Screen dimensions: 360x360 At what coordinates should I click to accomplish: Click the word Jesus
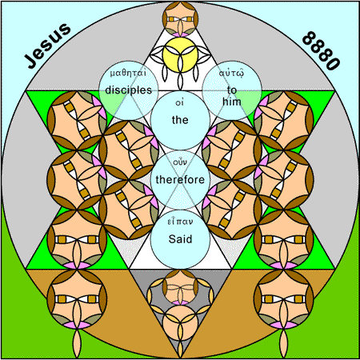(47, 46)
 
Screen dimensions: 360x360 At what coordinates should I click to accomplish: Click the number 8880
(321, 50)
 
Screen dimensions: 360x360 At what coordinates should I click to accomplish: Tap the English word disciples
(128, 90)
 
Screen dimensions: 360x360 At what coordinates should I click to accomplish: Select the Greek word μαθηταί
(128, 73)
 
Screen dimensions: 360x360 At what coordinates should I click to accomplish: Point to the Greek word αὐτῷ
(231, 73)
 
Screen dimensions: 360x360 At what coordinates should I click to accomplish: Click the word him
(232, 102)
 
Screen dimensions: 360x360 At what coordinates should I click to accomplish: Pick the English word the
(180, 120)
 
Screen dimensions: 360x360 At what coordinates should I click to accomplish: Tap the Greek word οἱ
(180, 102)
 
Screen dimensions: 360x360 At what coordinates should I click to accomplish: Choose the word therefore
(180, 179)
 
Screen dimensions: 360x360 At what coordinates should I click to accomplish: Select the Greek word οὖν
(180, 162)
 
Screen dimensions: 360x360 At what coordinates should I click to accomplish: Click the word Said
(180, 239)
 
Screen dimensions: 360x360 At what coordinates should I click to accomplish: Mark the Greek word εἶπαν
(180, 222)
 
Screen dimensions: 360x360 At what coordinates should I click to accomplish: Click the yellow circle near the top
(180, 54)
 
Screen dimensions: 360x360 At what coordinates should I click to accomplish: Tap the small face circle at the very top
(180, 18)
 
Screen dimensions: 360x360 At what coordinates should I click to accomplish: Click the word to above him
(232, 90)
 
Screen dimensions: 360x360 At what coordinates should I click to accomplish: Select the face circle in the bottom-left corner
(77, 298)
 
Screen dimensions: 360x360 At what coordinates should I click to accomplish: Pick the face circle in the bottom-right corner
(284, 298)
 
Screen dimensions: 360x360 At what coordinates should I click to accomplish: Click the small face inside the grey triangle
(180, 287)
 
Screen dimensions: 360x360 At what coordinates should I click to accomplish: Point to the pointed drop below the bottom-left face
(77, 343)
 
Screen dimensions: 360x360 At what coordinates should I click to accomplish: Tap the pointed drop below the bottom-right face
(284, 343)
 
